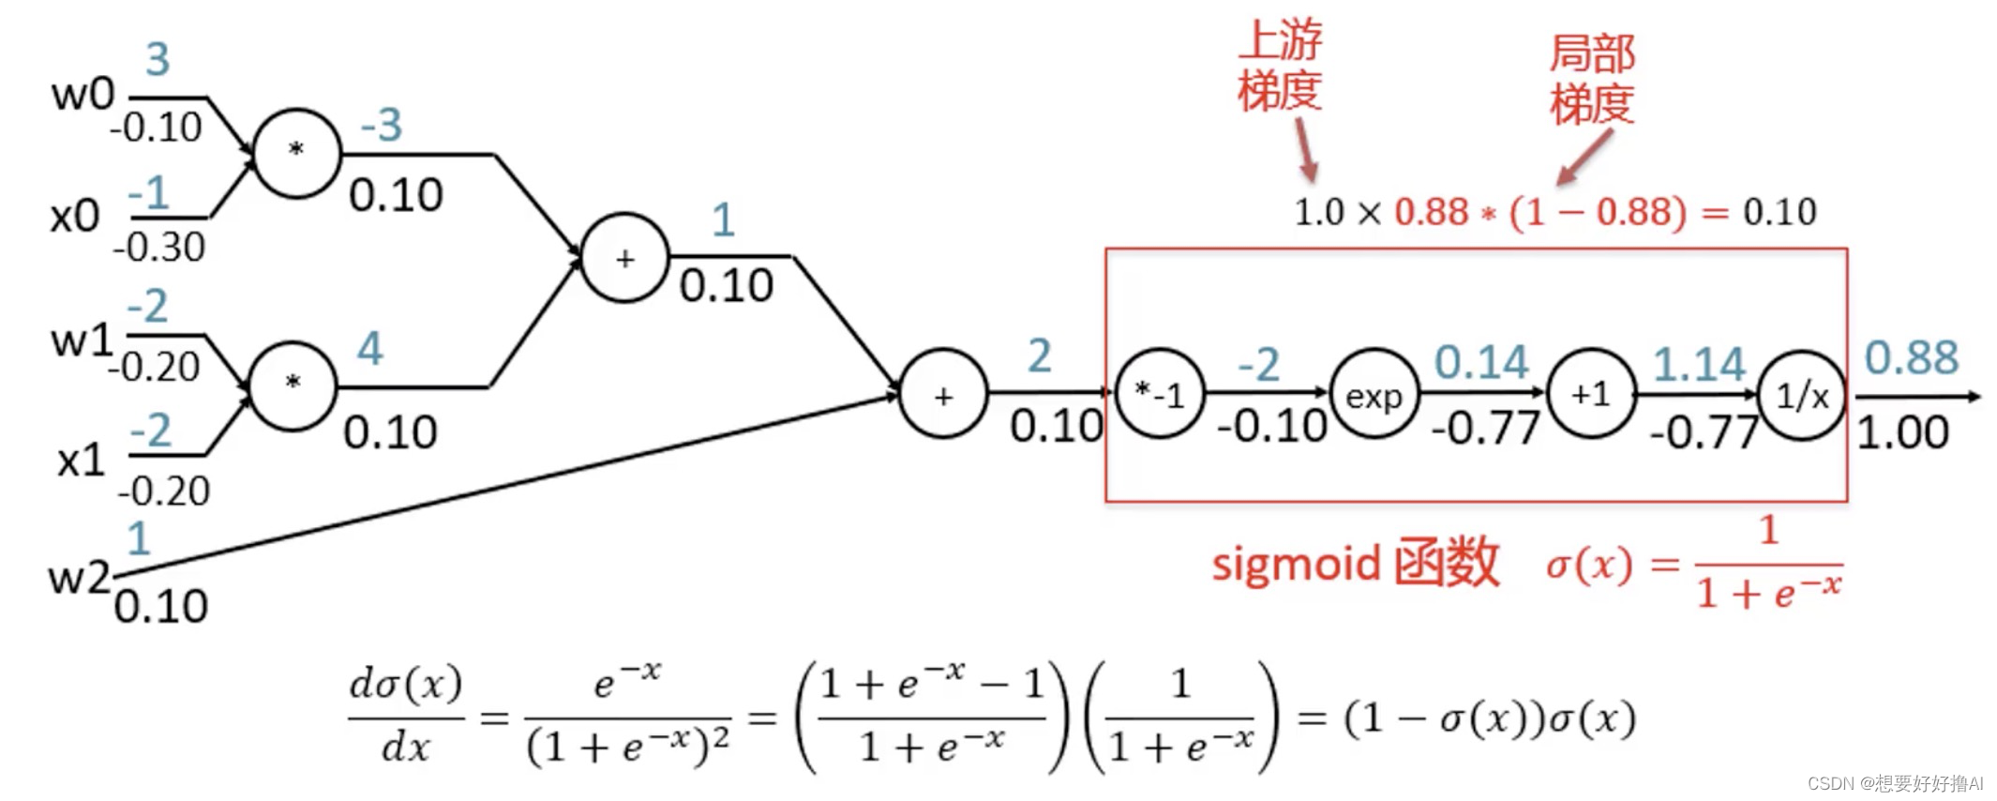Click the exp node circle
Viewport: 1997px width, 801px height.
1374,394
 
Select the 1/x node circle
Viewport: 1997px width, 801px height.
1800,396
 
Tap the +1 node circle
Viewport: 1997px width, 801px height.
1590,394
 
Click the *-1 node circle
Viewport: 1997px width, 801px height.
1159,394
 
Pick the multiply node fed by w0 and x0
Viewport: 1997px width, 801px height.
296,152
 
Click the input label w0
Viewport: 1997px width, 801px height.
83,94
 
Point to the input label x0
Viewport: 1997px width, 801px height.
75,216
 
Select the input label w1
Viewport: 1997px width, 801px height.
81,340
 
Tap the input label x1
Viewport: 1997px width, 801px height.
80,460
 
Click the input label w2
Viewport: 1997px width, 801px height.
79,577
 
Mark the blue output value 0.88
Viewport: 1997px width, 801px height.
1911,357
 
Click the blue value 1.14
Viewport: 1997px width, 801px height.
1698,364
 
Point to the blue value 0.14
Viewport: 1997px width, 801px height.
1481,362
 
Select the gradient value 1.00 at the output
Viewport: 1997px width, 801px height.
1902,432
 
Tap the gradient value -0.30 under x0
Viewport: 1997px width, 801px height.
158,248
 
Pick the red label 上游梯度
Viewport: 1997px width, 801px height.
1279,66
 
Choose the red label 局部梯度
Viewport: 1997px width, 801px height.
1591,79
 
